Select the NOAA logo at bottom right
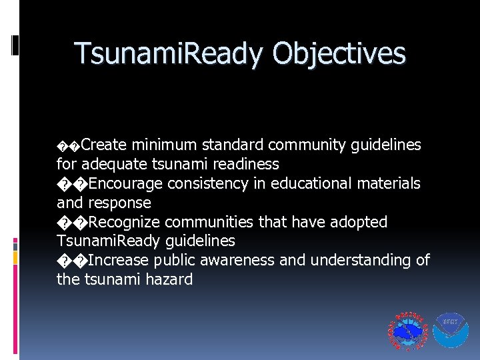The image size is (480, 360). [x=451, y=329]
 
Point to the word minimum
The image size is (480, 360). [x=163, y=145]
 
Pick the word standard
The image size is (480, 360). [x=232, y=145]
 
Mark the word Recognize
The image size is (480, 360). [x=125, y=222]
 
